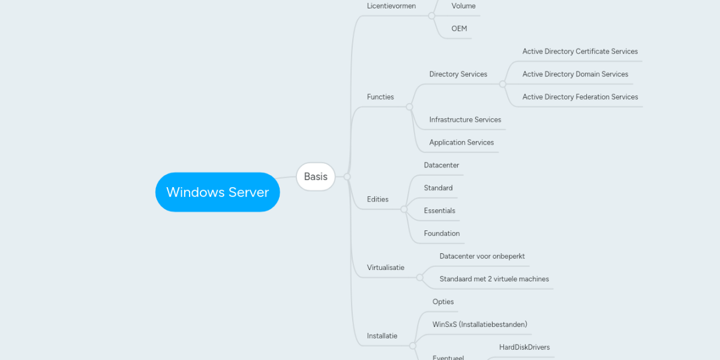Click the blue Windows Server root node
[217, 192]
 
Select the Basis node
[316, 176]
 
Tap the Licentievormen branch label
[391, 6]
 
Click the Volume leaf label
[463, 6]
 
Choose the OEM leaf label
[459, 29]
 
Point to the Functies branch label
[380, 97]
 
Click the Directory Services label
[458, 74]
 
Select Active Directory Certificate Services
[580, 52]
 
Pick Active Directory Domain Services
[575, 74]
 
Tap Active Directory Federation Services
[580, 97]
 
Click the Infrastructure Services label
[465, 120]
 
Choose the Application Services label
[461, 143]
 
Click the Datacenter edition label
[441, 166]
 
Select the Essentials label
[439, 211]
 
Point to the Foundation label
[442, 234]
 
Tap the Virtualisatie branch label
[385, 268]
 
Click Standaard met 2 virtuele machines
[494, 279]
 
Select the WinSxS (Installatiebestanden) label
[479, 325]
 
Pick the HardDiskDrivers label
[524, 347]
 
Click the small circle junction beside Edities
[404, 209]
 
